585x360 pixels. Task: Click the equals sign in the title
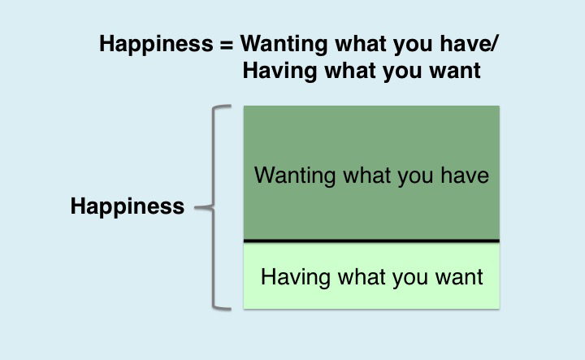coord(226,44)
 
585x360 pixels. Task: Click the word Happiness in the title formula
coord(155,44)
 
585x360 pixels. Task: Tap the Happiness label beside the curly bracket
coord(128,206)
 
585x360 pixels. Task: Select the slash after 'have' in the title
coord(495,44)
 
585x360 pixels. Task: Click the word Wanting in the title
coord(282,44)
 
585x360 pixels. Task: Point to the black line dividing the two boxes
coord(371,241)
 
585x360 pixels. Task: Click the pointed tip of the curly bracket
coord(199,207)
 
